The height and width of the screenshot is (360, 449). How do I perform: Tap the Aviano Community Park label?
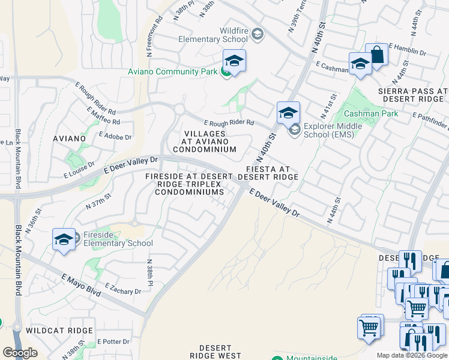[x=172, y=72]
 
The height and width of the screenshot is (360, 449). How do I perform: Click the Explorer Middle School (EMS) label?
[x=333, y=130]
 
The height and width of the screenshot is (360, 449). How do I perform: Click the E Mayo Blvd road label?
[x=81, y=284]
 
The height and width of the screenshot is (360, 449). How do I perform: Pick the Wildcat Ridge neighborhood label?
[x=59, y=331]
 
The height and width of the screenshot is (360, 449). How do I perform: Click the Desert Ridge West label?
[x=215, y=352]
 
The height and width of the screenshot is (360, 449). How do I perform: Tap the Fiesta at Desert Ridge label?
[x=268, y=173]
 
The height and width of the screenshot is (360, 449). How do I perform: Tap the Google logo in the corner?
[x=20, y=353]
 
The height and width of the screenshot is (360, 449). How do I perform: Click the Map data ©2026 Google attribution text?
[x=412, y=355]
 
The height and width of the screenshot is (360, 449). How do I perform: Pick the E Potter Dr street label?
[x=113, y=341]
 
